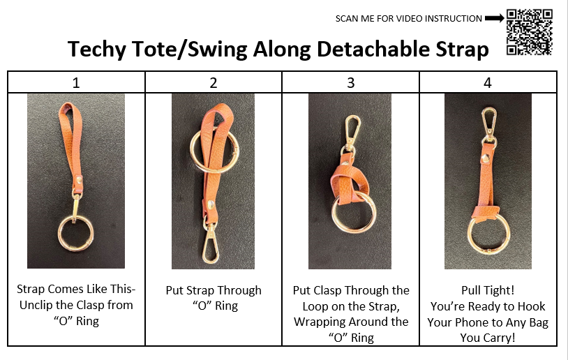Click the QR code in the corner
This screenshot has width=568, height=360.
pos(529,31)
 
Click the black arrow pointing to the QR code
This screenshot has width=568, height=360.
pos(494,18)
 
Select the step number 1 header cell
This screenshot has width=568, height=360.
pos(76,82)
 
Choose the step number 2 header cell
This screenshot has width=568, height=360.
pos(214,82)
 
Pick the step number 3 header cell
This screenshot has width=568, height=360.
pos(350,82)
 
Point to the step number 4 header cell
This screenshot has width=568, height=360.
pos(487,82)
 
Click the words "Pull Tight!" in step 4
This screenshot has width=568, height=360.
pos(488,290)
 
